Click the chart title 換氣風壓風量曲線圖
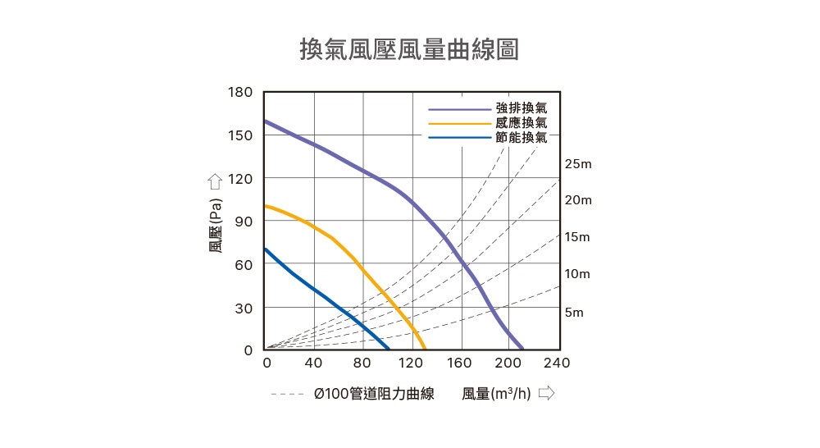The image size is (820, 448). point(409,48)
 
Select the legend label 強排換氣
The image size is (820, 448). point(521,108)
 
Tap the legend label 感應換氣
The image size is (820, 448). point(521,123)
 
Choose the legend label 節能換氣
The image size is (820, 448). point(521,138)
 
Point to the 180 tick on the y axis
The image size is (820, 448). point(240,92)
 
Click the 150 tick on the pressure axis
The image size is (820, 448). point(240,135)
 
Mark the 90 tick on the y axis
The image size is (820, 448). point(244,222)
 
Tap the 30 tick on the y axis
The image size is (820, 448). point(244,308)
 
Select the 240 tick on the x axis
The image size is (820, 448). point(557,363)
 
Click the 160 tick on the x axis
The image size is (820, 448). point(459,363)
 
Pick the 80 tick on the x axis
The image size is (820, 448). point(362,363)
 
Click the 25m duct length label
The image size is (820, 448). point(577,165)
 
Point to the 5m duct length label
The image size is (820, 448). point(574,313)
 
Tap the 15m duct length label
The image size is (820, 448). point(577,237)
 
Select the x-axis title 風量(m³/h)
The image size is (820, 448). point(495,394)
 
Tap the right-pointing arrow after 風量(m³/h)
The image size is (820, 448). point(546,394)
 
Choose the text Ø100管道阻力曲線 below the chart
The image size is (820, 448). point(373,394)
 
